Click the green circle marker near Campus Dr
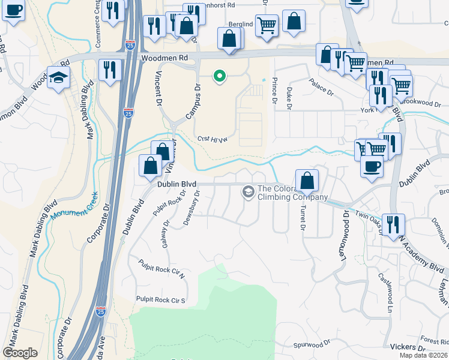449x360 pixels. (220, 76)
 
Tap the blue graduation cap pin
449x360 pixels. (59, 79)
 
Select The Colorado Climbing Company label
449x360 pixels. (292, 193)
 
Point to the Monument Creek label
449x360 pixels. (73, 207)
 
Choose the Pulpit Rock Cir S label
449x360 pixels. (161, 299)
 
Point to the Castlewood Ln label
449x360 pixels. (385, 287)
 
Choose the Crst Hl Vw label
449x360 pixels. (213, 139)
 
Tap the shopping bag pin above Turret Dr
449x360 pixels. (307, 179)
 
